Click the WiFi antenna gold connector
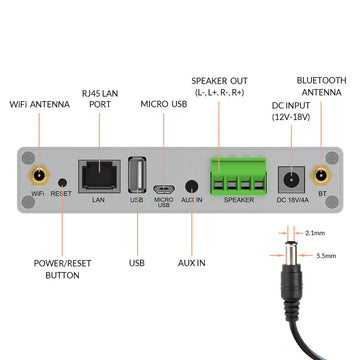[x=38, y=178]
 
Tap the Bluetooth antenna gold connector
[x=323, y=178]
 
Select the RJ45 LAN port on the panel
[x=98, y=176]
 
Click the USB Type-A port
[x=138, y=177]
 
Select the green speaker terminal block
[x=239, y=177]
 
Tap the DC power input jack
[x=290, y=178]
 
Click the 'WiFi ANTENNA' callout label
[x=40, y=104]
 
